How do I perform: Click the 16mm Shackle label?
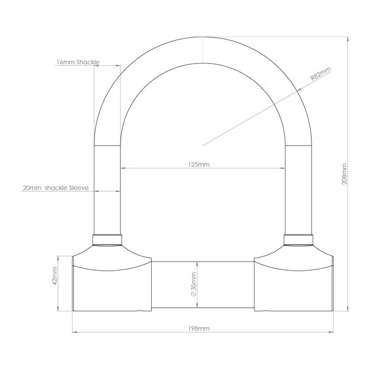pos(77,63)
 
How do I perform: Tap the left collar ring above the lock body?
pos(107,240)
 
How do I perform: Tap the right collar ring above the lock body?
pos(298,240)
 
